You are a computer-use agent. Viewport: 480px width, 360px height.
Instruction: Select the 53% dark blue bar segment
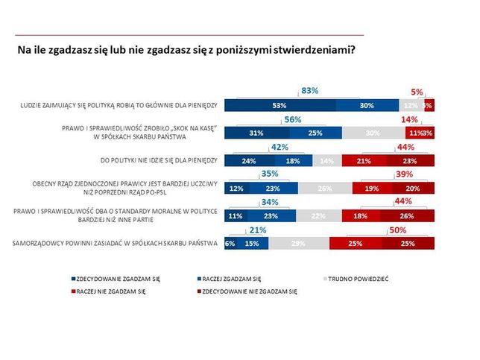280,106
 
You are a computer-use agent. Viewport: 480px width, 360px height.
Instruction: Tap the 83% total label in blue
309,91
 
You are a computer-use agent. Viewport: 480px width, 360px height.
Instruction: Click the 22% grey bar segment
319,216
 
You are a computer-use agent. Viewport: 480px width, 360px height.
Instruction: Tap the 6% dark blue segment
230,244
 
